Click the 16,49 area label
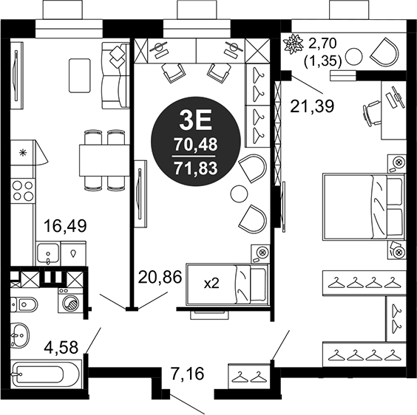tap(65, 226)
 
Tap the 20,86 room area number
tap(160, 277)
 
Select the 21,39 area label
tap(312, 106)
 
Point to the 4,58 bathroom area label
tap(61, 347)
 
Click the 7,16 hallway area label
tap(187, 374)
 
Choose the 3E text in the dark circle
tap(195, 120)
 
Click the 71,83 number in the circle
tap(196, 168)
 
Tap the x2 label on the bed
tap(211, 284)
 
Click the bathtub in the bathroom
tap(46, 374)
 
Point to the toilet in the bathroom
tap(24, 304)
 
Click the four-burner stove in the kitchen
tap(23, 191)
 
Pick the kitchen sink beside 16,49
tap(48, 253)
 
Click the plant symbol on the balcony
tap(294, 44)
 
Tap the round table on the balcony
tap(353, 56)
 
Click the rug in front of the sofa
tap(80, 76)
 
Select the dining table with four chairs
tap(104, 160)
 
